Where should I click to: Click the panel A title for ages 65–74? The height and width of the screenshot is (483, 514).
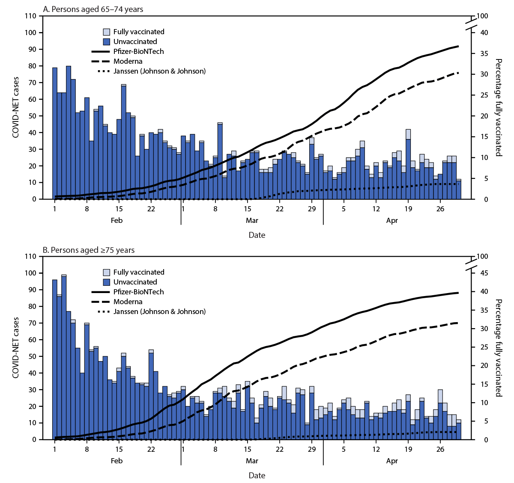coord(93,9)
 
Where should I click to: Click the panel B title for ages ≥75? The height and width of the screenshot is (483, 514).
coord(89,250)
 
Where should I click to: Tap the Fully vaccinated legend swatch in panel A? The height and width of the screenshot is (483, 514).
coord(107,32)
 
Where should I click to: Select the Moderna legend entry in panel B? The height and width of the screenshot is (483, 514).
coord(128,302)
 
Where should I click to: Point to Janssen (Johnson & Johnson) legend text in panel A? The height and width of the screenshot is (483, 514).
coord(159,71)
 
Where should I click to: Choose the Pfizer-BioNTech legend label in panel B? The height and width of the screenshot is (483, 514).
coord(138,292)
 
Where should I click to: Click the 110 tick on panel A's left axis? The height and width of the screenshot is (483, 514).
coord(31,16)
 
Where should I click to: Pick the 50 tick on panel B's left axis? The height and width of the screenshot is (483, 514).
coord(33,356)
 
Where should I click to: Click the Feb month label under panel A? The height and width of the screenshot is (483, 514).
coord(117,220)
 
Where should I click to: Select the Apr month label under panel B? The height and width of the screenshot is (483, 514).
coord(392,461)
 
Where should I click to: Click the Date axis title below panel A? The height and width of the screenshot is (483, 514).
coord(257,235)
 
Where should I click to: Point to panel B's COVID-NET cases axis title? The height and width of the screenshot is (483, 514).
coord(16,347)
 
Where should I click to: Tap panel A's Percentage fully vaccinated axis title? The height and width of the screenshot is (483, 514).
coord(499,108)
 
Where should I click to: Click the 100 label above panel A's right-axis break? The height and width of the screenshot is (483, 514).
coord(483,16)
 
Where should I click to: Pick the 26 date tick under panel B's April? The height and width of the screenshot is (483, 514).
coord(440,449)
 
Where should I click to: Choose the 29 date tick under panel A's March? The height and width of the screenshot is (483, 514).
coord(312,209)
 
